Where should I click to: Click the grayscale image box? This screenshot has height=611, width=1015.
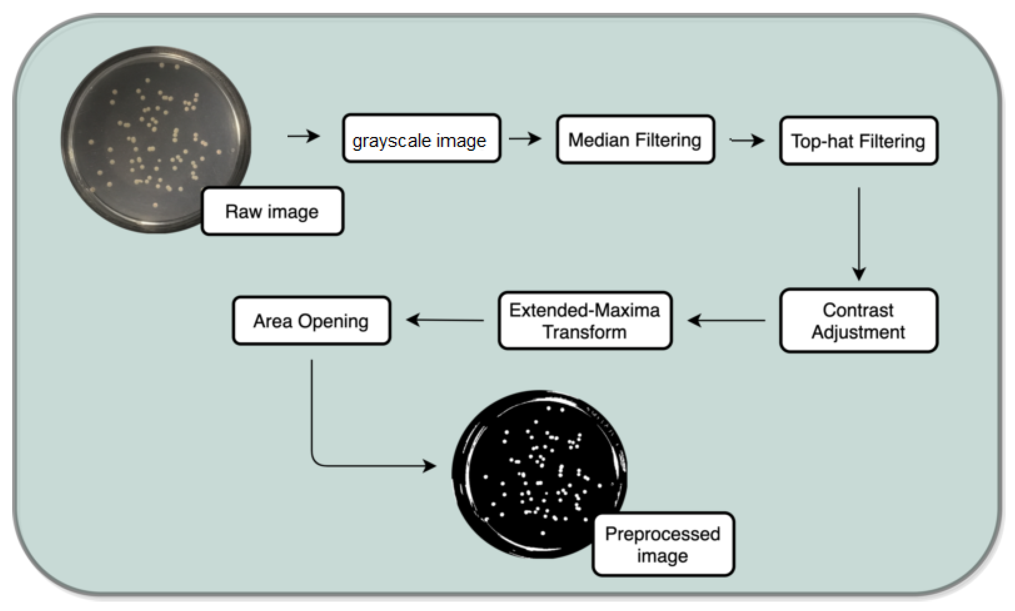(x=421, y=138)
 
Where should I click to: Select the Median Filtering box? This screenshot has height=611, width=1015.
(x=635, y=140)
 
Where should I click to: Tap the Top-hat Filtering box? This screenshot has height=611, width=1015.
(x=858, y=141)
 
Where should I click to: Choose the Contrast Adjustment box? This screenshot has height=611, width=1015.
(x=858, y=320)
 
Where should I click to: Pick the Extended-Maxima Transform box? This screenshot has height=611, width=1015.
(x=585, y=320)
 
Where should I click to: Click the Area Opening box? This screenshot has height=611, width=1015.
(x=311, y=320)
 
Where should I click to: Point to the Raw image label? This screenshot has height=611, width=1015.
(x=272, y=211)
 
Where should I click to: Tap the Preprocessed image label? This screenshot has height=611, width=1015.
(x=663, y=544)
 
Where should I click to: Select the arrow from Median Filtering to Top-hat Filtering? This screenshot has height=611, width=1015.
(x=747, y=140)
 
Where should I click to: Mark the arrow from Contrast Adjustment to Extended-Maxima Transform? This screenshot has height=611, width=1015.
(x=726, y=320)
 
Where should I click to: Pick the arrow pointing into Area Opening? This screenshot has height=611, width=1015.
(x=445, y=320)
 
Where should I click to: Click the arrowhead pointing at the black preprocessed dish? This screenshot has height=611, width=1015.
(x=430, y=466)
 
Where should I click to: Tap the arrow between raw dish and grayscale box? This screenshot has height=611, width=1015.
(x=304, y=136)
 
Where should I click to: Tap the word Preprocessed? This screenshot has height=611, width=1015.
(x=663, y=534)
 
